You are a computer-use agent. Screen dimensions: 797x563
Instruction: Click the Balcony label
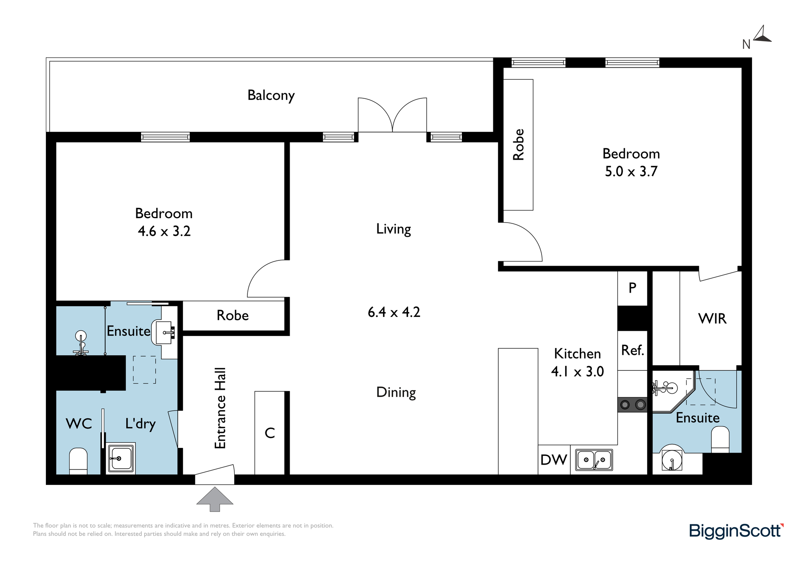pyautogui.click(x=271, y=96)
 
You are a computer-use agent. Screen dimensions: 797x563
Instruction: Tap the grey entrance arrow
pyautogui.click(x=215, y=499)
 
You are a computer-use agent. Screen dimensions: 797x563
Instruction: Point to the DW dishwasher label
pyautogui.click(x=554, y=460)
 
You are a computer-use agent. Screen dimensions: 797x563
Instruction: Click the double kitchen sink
pyautogui.click(x=594, y=460)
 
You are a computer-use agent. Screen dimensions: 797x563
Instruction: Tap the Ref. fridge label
pyautogui.click(x=632, y=350)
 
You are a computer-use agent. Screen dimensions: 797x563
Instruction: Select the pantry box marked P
pyautogui.click(x=632, y=288)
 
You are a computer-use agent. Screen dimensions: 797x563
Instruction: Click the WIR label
pyautogui.click(x=713, y=319)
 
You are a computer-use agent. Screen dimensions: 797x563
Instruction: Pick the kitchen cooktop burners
pyautogui.click(x=632, y=405)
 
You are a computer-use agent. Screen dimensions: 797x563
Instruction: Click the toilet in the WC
pyautogui.click(x=79, y=461)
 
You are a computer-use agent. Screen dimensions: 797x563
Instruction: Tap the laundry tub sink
pyautogui.click(x=121, y=459)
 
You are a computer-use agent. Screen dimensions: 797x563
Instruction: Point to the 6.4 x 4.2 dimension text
pyautogui.click(x=394, y=312)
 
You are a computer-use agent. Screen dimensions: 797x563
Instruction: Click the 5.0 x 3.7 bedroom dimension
pyautogui.click(x=631, y=172)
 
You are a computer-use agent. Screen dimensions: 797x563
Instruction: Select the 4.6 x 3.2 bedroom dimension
pyautogui.click(x=164, y=231)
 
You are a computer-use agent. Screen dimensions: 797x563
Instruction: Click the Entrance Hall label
pyautogui.click(x=220, y=408)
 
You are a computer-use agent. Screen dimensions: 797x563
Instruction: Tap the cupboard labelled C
pyautogui.click(x=270, y=433)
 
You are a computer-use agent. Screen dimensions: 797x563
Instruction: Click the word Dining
pyautogui.click(x=396, y=393)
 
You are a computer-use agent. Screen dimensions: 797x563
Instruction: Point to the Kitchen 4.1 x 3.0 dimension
pyautogui.click(x=577, y=371)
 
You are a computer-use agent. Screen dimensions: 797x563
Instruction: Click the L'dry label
pyautogui.click(x=140, y=424)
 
